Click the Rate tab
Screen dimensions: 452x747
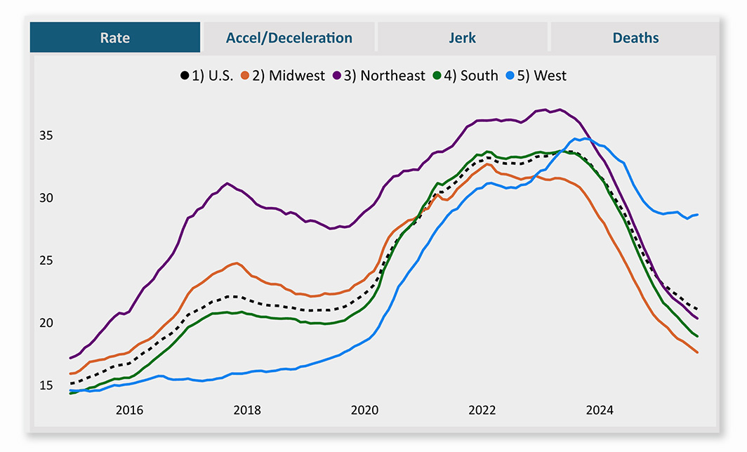point(114,38)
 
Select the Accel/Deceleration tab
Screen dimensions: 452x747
point(289,38)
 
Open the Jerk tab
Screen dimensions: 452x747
point(462,38)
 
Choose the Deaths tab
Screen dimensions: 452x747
point(635,38)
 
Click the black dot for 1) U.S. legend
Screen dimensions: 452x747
point(185,76)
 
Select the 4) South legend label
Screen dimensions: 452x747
point(479,76)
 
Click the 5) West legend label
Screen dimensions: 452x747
point(550,76)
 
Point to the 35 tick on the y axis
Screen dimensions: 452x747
point(46,135)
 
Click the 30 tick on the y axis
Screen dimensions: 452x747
point(46,198)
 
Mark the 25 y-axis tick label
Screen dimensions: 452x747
point(46,260)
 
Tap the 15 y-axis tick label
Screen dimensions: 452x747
point(46,385)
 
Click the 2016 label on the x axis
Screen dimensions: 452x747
point(129,410)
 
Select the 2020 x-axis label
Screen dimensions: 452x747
point(364,410)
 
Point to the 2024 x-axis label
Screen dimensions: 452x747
point(600,410)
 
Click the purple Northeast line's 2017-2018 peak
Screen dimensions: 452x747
point(227,183)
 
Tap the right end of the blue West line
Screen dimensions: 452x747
point(697,215)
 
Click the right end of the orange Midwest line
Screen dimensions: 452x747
point(697,352)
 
